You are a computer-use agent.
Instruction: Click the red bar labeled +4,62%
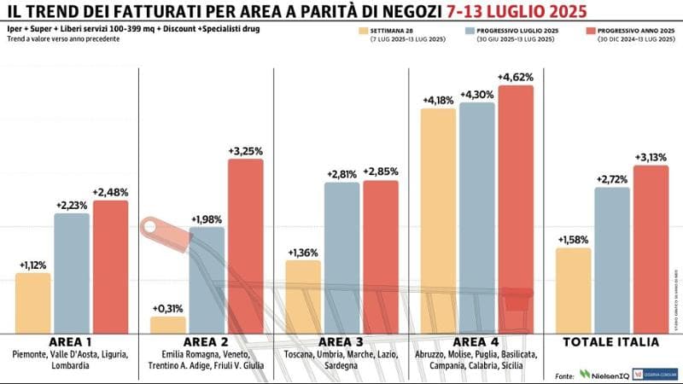coord(516,209)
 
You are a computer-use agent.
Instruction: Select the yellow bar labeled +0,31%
coord(167,325)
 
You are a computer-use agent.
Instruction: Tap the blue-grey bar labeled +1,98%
coord(207,280)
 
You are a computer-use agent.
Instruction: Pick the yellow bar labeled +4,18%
coord(438,221)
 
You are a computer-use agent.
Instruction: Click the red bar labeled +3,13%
coord(651,249)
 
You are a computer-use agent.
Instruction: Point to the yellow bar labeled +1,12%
coord(32,303)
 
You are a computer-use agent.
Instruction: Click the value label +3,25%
coord(245,151)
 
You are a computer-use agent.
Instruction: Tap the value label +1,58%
coord(573,240)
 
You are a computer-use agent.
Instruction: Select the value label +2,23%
coord(72,206)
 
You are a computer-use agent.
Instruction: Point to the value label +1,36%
coord(302,253)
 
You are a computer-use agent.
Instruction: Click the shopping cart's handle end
coord(154,228)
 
